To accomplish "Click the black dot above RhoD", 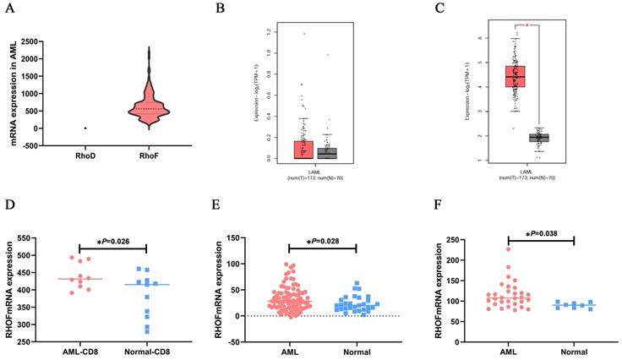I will [x=85, y=128].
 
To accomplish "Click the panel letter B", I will [x=221, y=10].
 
